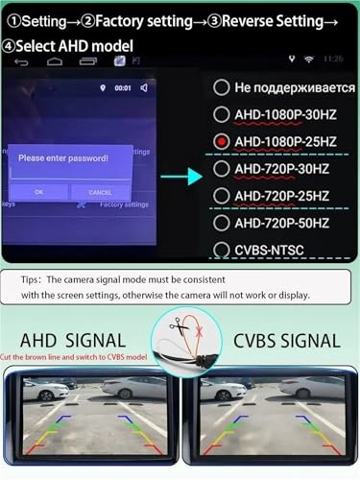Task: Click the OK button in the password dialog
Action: [x=39, y=192]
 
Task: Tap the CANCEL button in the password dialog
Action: [x=100, y=192]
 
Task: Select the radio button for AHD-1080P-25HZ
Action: [x=222, y=142]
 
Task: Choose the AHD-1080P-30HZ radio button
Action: [x=222, y=114]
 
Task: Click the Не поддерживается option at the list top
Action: [x=287, y=87]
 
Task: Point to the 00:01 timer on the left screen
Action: [x=123, y=88]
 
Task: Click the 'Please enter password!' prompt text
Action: [x=63, y=157]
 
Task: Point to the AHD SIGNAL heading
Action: [x=73, y=340]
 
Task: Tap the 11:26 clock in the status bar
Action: [x=333, y=59]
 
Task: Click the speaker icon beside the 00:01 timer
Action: [x=144, y=88]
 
